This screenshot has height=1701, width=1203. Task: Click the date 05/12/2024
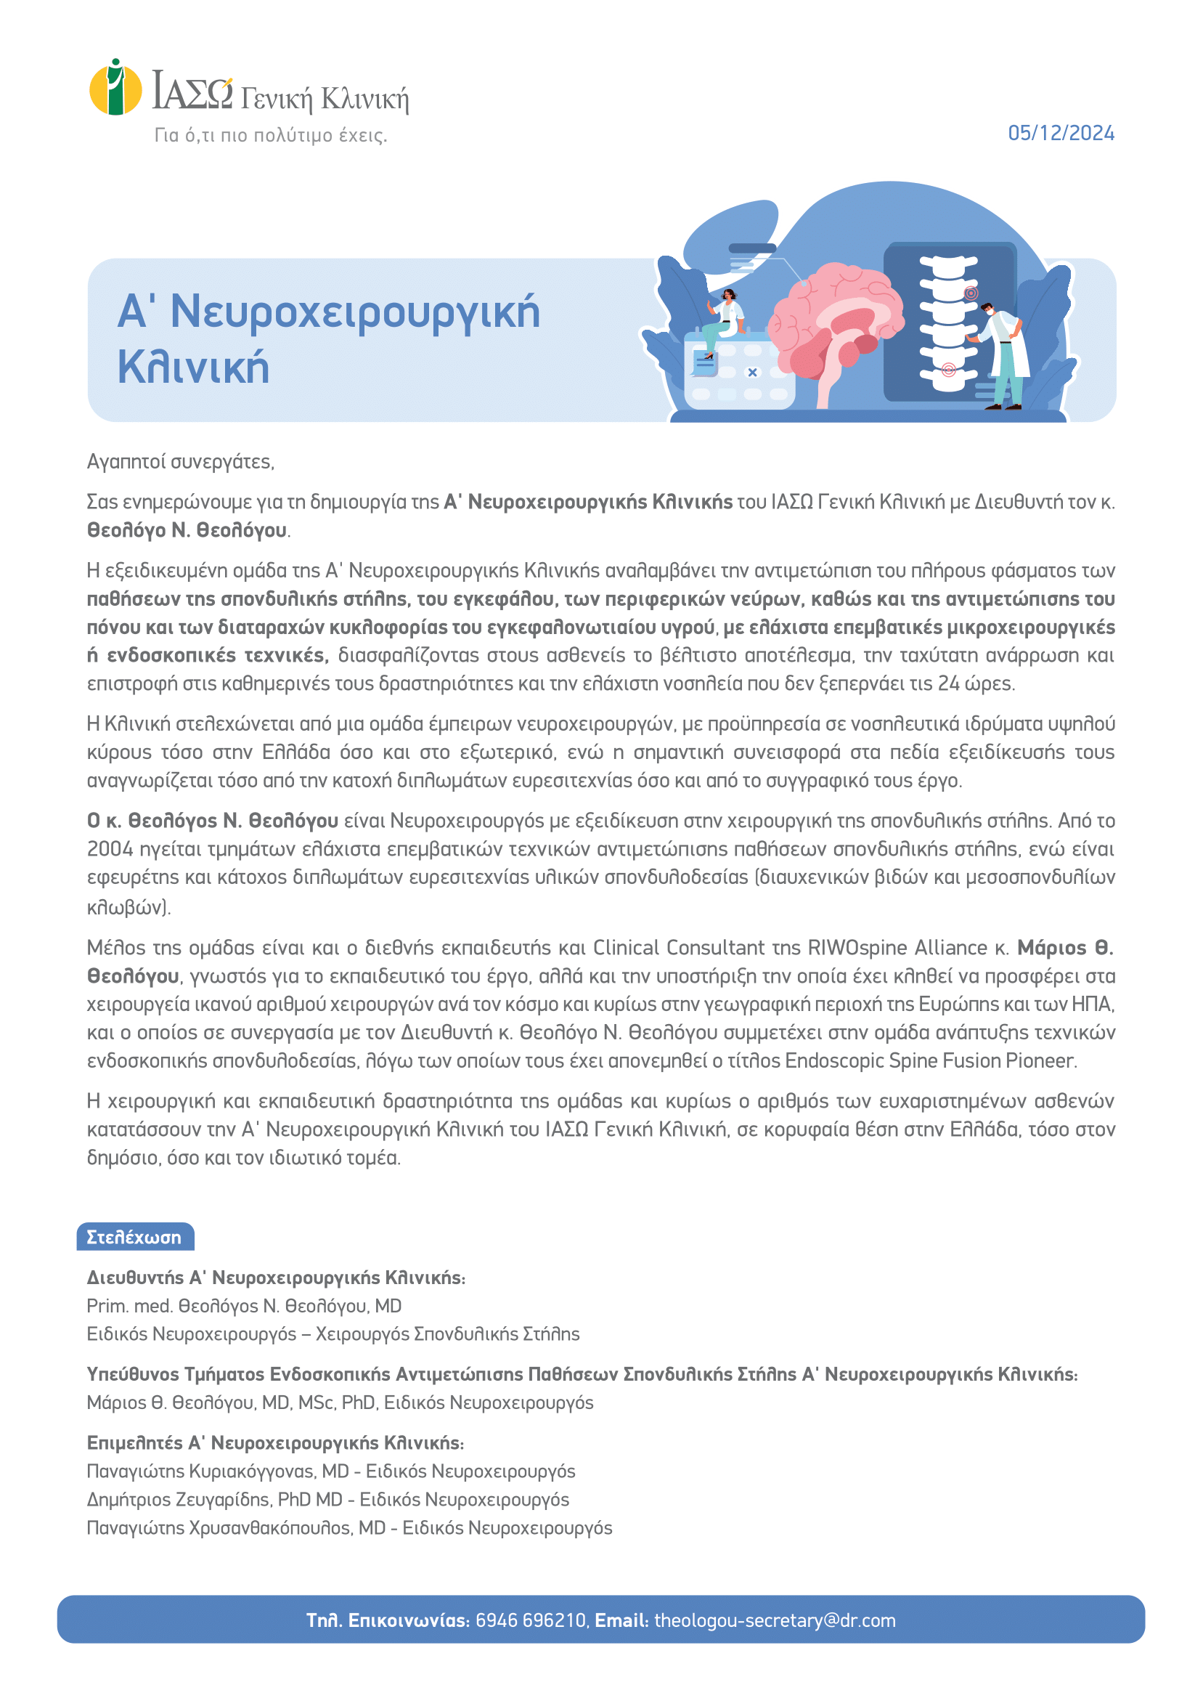coord(1061,134)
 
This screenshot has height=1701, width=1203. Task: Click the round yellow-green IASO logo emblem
coord(115,87)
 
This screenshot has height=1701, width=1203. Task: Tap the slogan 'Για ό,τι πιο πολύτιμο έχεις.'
coord(270,135)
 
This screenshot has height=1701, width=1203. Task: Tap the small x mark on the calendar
coord(753,373)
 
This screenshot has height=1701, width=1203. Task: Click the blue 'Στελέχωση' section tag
coord(135,1236)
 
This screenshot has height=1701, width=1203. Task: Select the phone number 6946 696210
coord(531,1620)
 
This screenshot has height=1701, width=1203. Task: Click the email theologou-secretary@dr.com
coord(775,1620)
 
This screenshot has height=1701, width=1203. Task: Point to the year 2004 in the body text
coord(110,848)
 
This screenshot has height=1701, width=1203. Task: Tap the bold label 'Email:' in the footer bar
coord(621,1620)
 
